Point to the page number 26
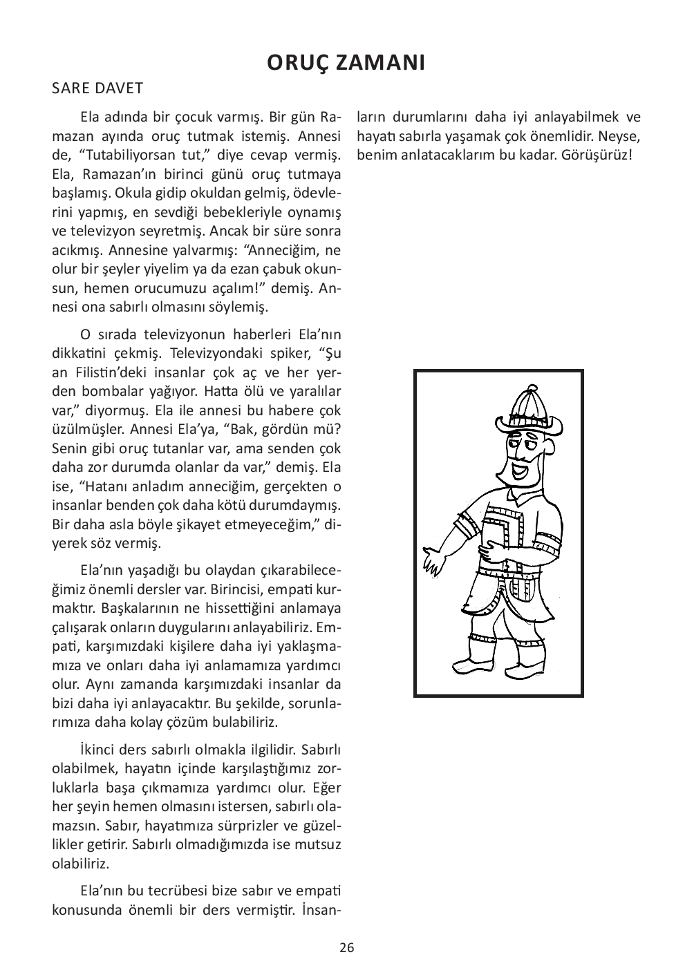click(347, 948)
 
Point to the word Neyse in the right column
click(622, 135)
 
